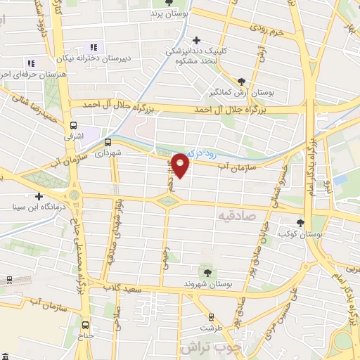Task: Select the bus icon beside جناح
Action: coord(85,325)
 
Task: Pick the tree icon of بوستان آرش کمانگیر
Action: coord(243,81)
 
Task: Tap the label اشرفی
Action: coord(74,130)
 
